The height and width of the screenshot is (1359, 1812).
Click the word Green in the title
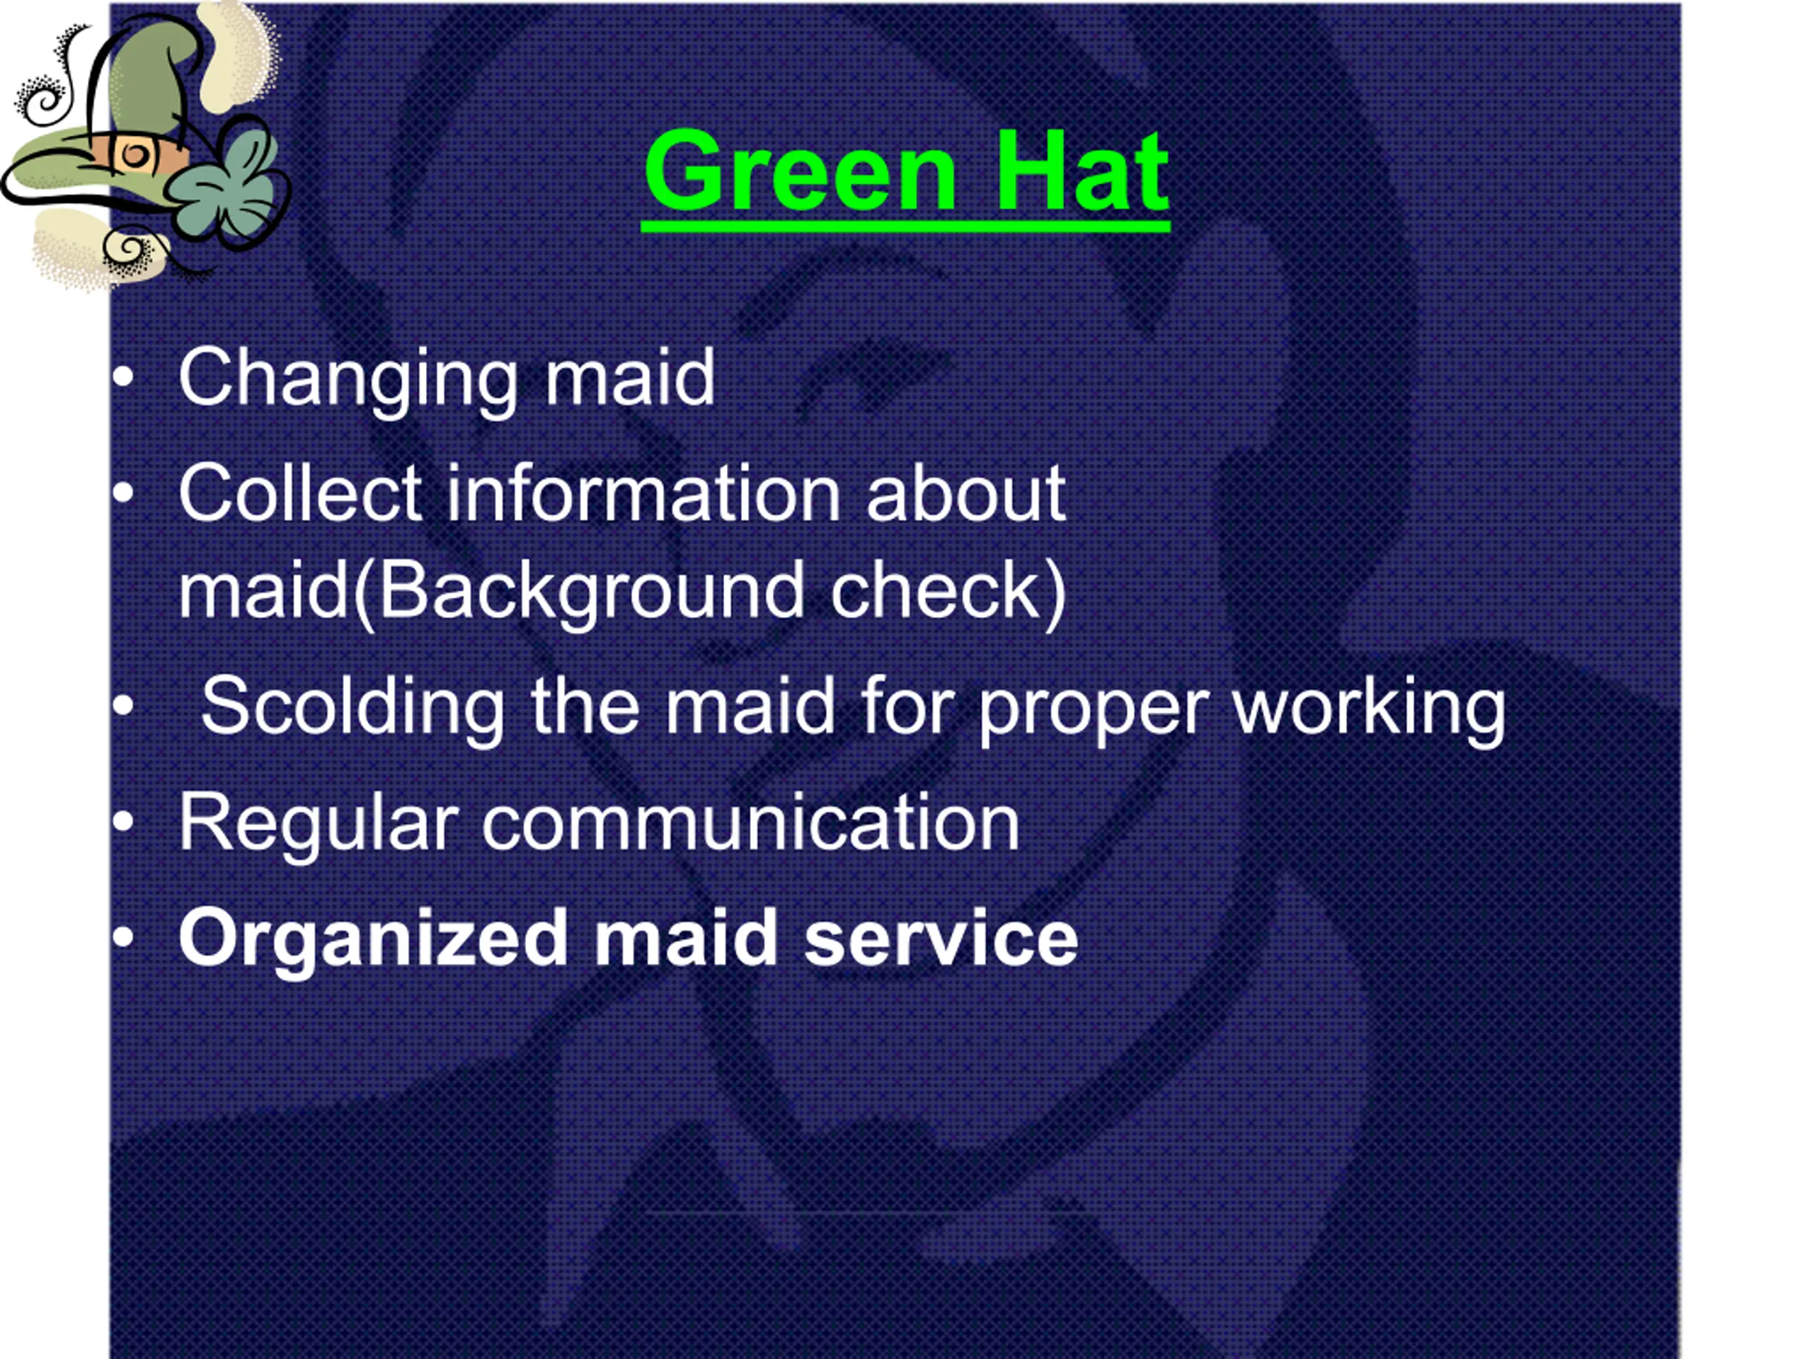801,171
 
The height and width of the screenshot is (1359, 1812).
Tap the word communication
750,822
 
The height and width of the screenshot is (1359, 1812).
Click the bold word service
941,938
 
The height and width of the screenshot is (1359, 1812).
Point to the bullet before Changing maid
123,379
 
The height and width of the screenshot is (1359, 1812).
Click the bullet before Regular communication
123,822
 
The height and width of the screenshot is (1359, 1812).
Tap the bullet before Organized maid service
123,939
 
